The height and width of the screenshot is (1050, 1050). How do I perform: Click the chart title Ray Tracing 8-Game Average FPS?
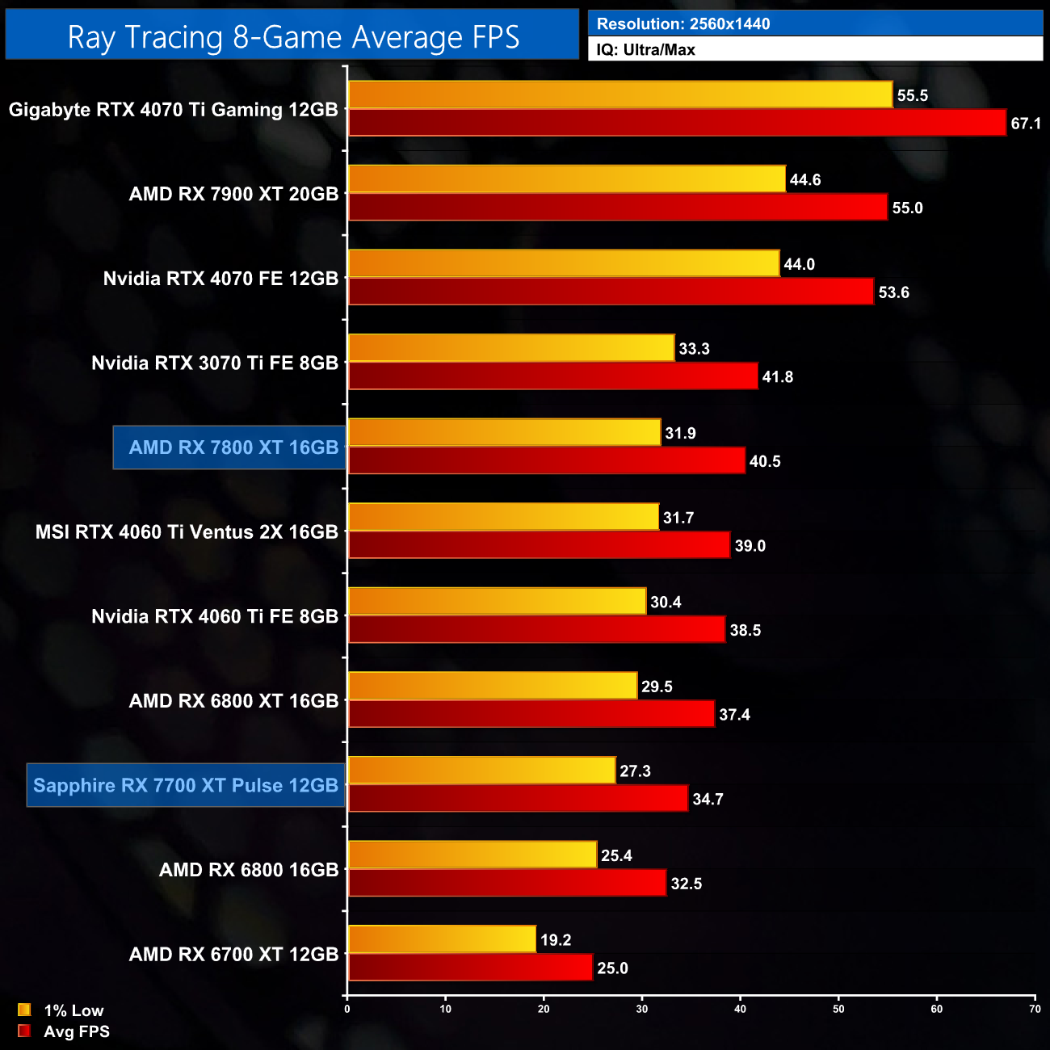[292, 36]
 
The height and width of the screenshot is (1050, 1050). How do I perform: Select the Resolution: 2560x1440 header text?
[683, 24]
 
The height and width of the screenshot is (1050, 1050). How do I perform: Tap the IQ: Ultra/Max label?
[646, 50]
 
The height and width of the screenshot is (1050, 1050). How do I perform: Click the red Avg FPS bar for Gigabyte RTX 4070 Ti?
[677, 123]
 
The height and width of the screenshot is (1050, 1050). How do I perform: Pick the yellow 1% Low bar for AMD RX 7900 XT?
[566, 179]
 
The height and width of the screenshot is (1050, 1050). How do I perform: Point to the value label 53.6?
[893, 292]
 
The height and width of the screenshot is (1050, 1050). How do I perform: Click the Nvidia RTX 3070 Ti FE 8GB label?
[215, 363]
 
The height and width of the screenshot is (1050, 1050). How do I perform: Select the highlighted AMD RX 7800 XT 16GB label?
[233, 447]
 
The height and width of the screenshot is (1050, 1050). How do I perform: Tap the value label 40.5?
[765, 461]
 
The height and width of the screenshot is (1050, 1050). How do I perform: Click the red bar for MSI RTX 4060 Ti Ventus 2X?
[539, 545]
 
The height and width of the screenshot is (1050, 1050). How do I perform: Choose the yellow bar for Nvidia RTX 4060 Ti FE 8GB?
[497, 602]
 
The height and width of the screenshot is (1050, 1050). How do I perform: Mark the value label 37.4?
[734, 715]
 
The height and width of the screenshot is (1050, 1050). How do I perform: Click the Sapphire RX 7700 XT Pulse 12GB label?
[186, 785]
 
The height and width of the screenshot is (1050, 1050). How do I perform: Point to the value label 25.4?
[616, 855]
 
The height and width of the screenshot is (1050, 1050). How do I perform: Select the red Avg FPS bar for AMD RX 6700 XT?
[470, 968]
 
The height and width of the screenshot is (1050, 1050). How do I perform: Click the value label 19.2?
[556, 940]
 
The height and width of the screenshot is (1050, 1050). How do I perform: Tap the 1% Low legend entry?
[73, 1010]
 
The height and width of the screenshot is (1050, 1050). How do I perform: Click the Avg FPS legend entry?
[76, 1031]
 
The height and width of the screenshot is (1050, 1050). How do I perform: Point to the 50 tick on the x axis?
[838, 1009]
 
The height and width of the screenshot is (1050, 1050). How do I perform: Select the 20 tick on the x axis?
[544, 1009]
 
